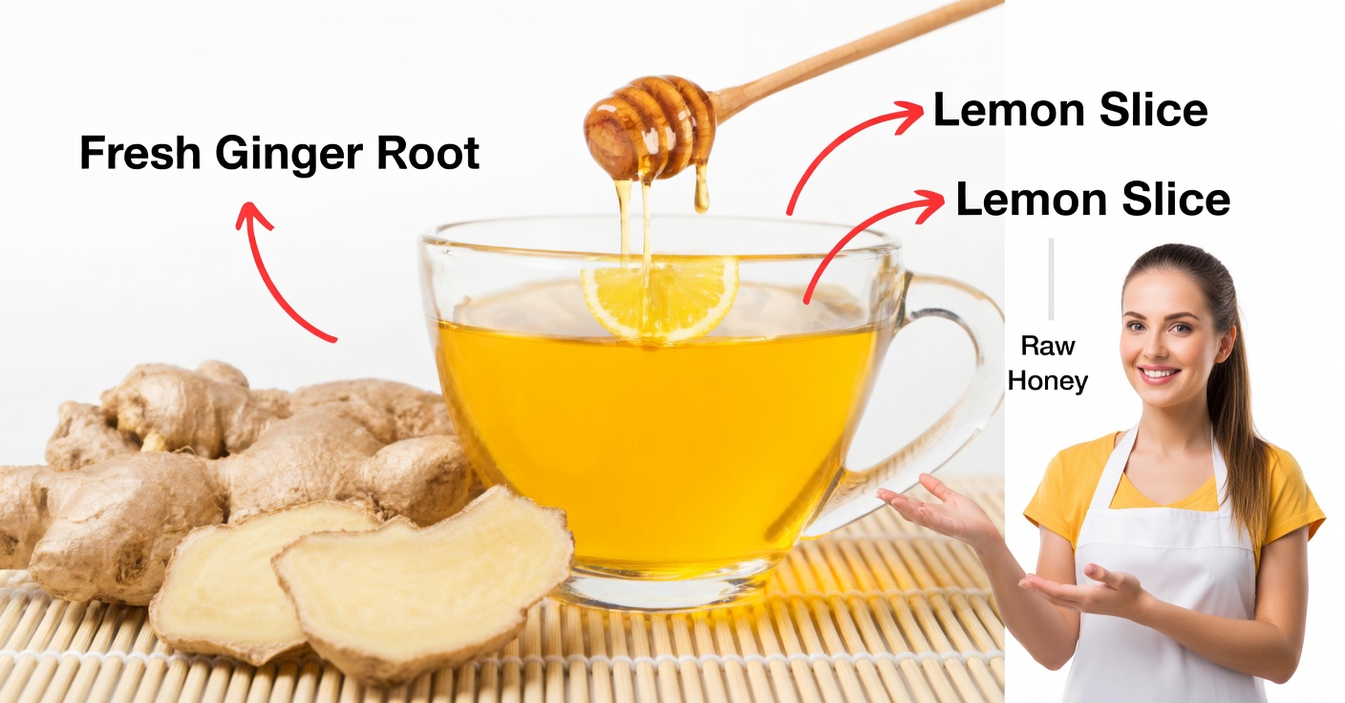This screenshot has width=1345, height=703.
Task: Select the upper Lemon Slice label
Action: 1070,111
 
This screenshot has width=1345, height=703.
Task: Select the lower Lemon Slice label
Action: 1093,200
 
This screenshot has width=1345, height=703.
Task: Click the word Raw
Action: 1048,346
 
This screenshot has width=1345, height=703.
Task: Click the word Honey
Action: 1048,381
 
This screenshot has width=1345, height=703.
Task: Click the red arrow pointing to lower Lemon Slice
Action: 860,239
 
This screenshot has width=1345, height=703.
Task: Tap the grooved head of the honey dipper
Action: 650,126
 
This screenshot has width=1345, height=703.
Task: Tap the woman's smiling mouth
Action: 1159,373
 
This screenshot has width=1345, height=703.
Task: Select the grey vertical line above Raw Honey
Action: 1051,278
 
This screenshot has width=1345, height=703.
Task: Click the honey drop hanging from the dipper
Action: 702,196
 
